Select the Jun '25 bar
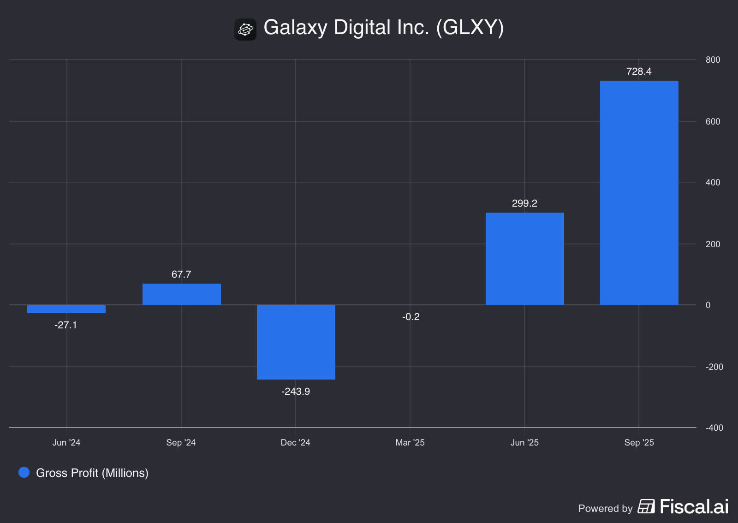524,259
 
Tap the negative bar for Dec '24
296,342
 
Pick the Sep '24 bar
181,294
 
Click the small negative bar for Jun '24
66,309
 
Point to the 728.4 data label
639,71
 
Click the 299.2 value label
524,203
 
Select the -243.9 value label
296,392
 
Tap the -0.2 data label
411,317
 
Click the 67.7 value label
181,274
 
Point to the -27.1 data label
65,325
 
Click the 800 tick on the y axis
713,60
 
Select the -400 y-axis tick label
714,428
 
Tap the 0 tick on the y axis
708,305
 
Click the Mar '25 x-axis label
410,443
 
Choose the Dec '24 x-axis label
296,443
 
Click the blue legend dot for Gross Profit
24,472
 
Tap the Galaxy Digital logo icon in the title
245,30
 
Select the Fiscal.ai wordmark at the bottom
694,507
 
